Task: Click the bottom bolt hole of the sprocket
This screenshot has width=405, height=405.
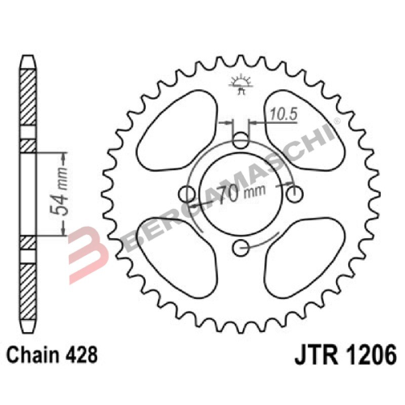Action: [240, 248]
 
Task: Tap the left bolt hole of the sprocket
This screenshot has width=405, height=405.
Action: [186, 194]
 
